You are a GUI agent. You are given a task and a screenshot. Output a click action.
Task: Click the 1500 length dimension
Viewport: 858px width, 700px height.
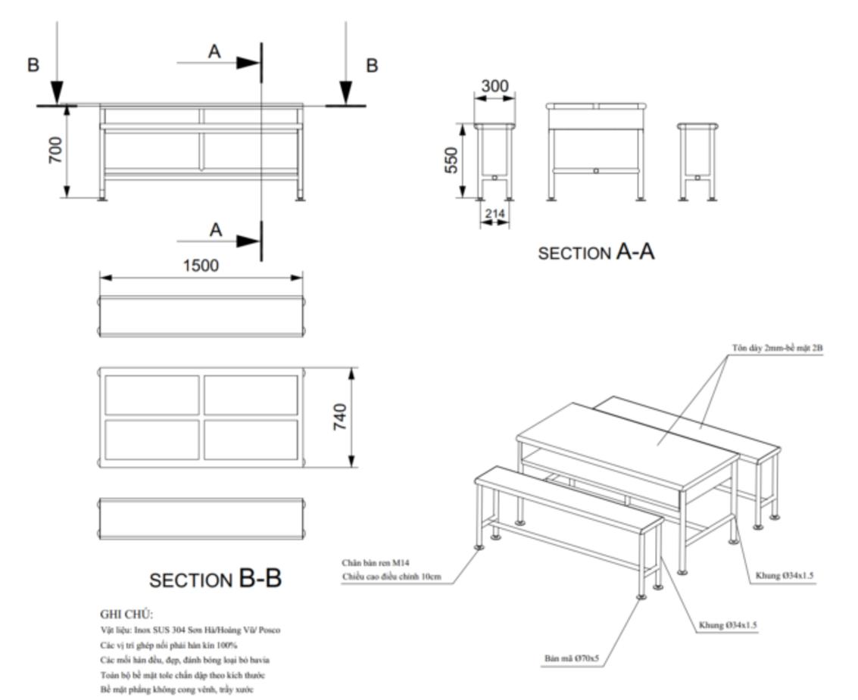coord(201,266)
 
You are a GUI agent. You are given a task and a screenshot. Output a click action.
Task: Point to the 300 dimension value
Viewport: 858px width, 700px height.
coord(495,86)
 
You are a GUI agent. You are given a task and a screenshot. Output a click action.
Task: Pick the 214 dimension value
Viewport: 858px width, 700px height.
coord(495,214)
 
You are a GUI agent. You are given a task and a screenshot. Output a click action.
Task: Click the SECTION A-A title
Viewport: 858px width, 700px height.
coord(596,252)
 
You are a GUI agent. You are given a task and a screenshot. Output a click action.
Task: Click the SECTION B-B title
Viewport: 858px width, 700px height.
coord(216,580)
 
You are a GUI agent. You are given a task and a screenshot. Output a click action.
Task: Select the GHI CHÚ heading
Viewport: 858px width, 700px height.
coord(126,614)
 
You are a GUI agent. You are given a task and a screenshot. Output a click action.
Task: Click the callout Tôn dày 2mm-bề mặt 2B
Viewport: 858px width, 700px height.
coord(777,347)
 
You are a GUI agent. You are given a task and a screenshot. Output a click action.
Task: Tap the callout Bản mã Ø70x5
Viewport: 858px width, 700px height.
coord(571,658)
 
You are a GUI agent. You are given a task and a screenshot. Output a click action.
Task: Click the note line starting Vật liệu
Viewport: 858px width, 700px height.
coord(191,630)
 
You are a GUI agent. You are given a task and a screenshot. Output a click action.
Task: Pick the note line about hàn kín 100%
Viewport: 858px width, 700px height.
coord(168,645)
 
